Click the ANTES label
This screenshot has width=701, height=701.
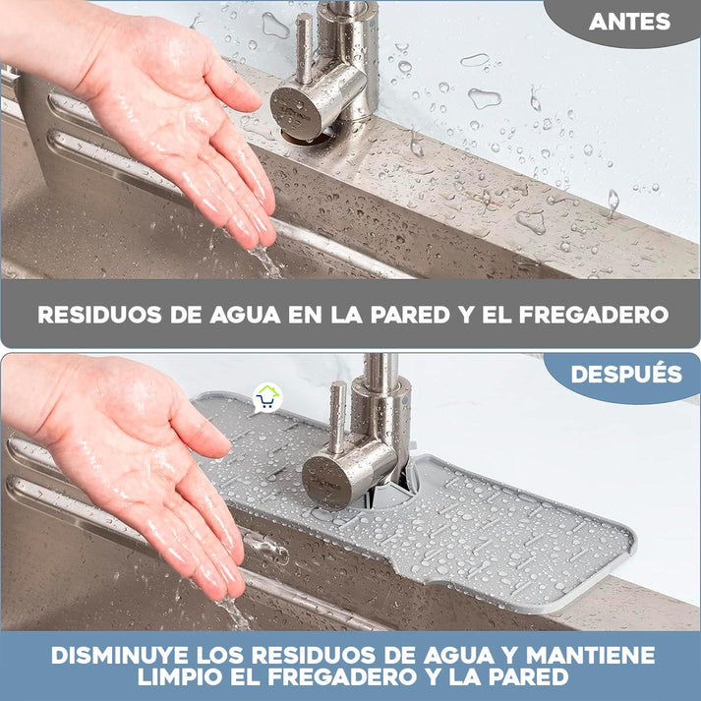pyautogui.click(x=629, y=22)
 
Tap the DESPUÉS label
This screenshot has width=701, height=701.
pyautogui.click(x=626, y=375)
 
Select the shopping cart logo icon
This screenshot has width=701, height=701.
pyautogui.click(x=265, y=397)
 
